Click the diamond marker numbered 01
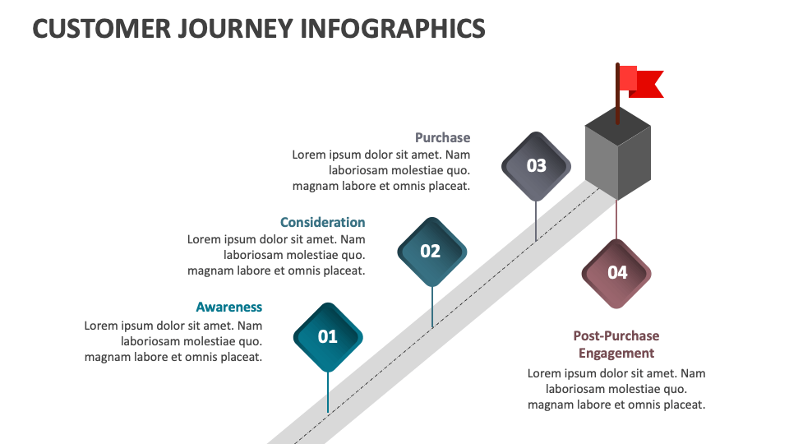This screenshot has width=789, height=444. click(x=328, y=337)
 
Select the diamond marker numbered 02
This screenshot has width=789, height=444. click(x=431, y=252)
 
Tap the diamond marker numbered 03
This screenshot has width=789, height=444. click(x=536, y=166)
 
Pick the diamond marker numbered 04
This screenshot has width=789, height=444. click(x=616, y=273)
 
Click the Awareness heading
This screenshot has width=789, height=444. click(x=229, y=307)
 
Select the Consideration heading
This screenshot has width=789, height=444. click(x=322, y=223)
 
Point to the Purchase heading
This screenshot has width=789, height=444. click(x=443, y=137)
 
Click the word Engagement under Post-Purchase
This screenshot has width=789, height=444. click(x=616, y=354)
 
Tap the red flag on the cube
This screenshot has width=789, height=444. click(x=641, y=81)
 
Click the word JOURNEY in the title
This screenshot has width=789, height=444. click(x=236, y=29)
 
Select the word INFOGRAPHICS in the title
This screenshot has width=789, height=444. click(x=393, y=29)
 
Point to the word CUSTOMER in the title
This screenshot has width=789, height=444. click(x=102, y=29)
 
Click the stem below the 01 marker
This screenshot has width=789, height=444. click(x=328, y=393)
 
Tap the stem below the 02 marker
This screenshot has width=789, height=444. click(x=431, y=307)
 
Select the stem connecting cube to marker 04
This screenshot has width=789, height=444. click(x=616, y=220)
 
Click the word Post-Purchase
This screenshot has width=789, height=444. click(x=616, y=335)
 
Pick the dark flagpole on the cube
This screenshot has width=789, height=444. click(x=617, y=94)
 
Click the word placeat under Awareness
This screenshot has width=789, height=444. click(x=241, y=358)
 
